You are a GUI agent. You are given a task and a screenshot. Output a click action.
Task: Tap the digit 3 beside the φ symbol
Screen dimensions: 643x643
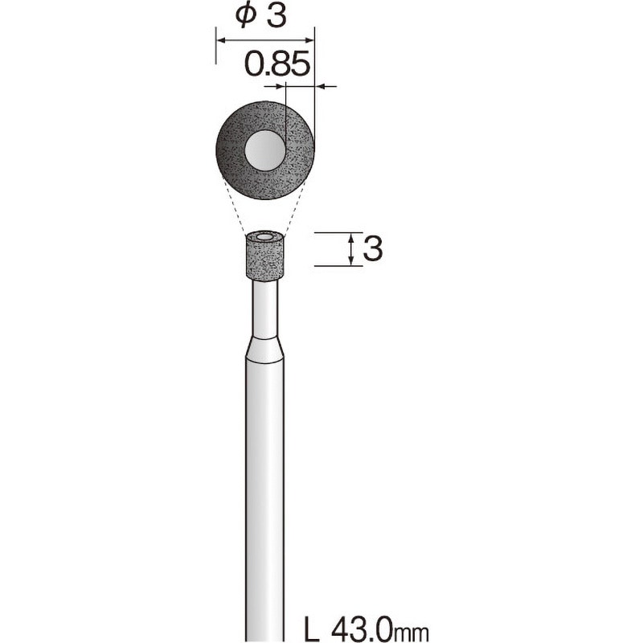[276, 18]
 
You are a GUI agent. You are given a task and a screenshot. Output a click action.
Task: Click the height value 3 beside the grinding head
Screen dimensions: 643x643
[372, 249]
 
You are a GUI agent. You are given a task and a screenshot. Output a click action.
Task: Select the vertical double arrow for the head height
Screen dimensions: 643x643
[351, 249]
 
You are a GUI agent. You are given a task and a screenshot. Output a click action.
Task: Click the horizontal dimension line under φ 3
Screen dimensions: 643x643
[264, 38]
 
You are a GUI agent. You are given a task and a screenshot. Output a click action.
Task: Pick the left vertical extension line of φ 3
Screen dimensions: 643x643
[215, 48]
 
